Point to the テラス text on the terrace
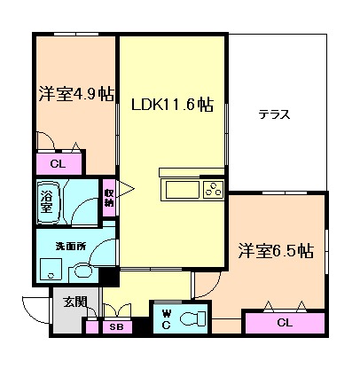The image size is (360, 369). pos(275,114)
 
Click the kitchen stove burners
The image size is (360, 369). pos(213,189)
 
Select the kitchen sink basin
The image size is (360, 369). pos(182,189)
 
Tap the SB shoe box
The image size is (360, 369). pos(114,326)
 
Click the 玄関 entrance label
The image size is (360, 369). pos(74,302)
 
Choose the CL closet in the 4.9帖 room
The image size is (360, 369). pos(58,163)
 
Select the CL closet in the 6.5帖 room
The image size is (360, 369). pos(285,322)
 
